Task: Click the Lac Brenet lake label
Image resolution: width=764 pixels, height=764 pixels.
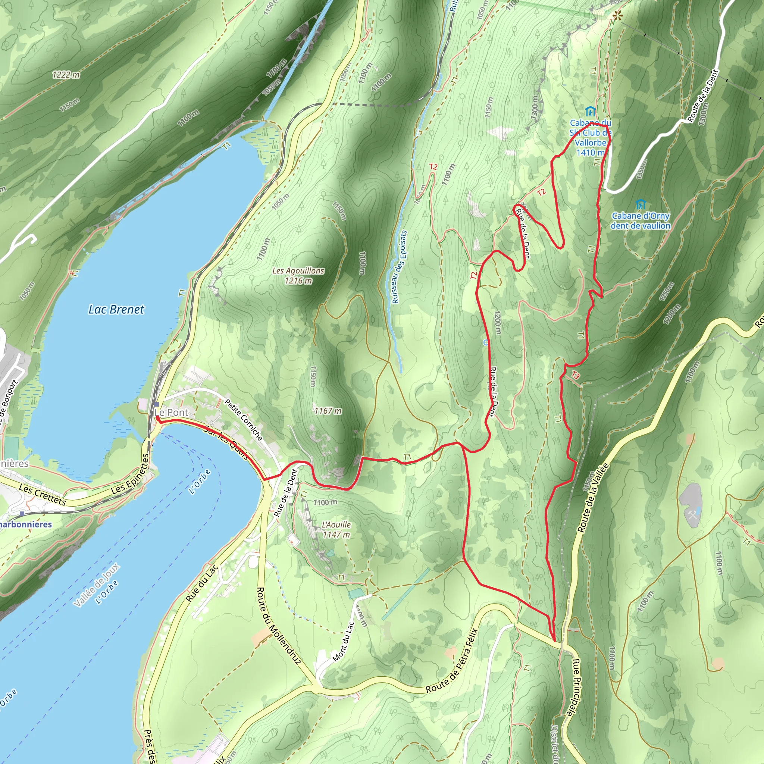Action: (x=116, y=310)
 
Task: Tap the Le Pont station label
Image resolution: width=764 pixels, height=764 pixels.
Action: (x=171, y=413)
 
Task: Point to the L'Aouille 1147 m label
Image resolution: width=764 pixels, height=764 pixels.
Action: (x=336, y=529)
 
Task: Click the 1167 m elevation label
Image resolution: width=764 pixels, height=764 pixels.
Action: (x=328, y=411)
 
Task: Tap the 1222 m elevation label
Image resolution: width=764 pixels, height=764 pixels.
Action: (x=66, y=74)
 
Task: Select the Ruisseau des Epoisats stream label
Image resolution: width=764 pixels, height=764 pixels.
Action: (x=400, y=267)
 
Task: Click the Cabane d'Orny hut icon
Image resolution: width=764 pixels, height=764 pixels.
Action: (x=640, y=204)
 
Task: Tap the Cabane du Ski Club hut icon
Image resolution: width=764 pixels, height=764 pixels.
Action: (x=590, y=111)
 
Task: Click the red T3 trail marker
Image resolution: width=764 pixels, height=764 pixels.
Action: (x=575, y=375)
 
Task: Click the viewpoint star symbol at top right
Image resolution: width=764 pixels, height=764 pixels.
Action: (x=617, y=16)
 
